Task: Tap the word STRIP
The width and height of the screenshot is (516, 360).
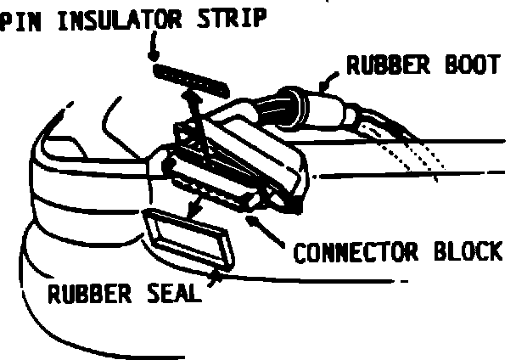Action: click(232, 19)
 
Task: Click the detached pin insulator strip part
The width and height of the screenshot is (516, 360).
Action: click(192, 79)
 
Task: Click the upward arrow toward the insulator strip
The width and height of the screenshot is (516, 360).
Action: click(193, 111)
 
